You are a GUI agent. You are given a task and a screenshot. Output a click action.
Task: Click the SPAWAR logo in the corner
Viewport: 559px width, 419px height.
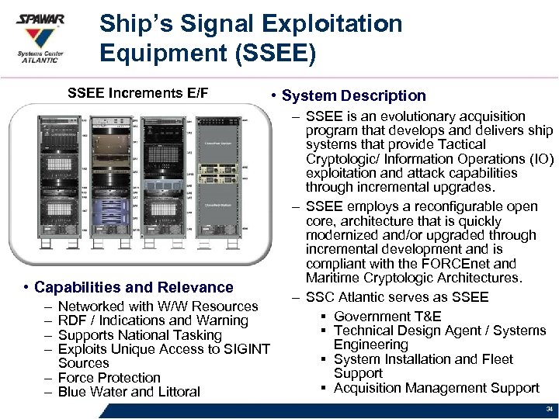[41, 36]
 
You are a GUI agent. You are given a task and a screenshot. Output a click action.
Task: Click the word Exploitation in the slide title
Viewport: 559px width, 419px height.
[334, 24]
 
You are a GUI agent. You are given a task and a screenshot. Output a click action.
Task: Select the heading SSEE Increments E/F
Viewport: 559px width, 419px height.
[138, 94]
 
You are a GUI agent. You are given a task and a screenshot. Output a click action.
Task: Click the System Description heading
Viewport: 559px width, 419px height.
[353, 95]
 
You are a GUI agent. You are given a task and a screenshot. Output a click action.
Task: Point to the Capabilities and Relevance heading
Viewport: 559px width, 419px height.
[134, 288]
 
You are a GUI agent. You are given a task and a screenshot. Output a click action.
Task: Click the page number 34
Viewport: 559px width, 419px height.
[549, 409]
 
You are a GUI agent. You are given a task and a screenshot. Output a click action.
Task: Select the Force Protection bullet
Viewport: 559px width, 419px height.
[109, 378]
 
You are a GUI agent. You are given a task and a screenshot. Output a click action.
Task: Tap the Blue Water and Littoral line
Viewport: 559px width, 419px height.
[129, 392]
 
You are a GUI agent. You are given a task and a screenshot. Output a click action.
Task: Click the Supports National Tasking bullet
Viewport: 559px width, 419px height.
[140, 335]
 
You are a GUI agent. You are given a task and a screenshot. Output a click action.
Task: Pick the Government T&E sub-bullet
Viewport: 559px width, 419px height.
[387, 316]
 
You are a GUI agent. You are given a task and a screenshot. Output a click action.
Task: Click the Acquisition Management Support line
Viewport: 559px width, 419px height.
[436, 387]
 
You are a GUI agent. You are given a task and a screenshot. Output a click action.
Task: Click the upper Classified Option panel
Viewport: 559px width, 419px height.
[220, 144]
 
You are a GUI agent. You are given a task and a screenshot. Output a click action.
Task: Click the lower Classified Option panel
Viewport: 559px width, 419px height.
[220, 204]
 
